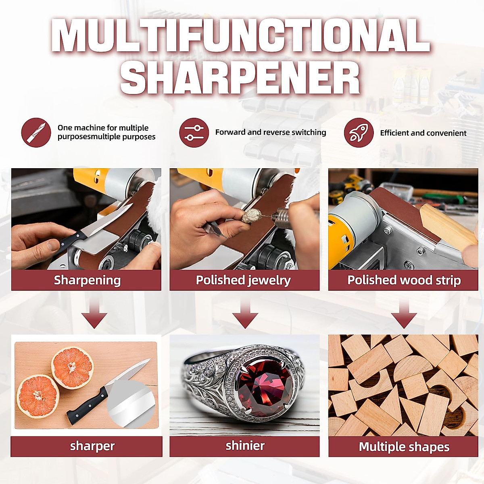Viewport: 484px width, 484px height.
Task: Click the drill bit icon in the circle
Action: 36,133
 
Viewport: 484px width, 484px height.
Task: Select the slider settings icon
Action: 194,133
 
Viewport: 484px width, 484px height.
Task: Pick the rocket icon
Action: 359,133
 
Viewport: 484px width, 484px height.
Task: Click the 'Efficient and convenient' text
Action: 423,133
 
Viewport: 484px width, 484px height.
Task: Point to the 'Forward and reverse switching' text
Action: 271,132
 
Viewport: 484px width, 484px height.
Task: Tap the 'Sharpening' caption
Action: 87,280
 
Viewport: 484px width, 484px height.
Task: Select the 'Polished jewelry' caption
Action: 243,280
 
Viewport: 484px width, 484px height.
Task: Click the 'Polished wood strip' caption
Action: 404,280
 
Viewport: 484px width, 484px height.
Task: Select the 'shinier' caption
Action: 245,446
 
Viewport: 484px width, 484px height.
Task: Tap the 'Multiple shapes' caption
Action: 404,446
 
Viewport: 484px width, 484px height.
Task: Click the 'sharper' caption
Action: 92,446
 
